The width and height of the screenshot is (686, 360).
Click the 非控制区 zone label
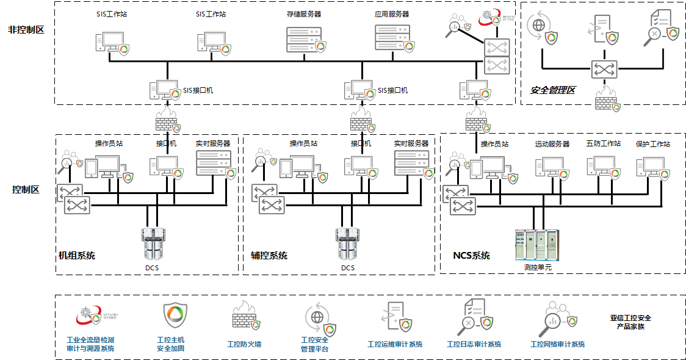tap(26, 29)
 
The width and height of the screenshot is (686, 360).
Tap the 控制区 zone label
tap(26, 190)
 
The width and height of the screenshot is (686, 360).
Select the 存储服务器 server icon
tap(304, 38)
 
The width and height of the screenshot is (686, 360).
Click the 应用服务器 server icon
tap(392, 38)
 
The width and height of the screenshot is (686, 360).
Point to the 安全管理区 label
tap(552, 90)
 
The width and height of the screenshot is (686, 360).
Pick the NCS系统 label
tap(471, 256)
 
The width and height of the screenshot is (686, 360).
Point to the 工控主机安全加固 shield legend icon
tap(175, 315)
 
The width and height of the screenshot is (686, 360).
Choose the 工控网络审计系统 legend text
tap(558, 345)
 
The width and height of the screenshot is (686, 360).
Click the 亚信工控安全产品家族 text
tap(630, 322)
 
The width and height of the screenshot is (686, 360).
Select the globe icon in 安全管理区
tap(539, 27)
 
